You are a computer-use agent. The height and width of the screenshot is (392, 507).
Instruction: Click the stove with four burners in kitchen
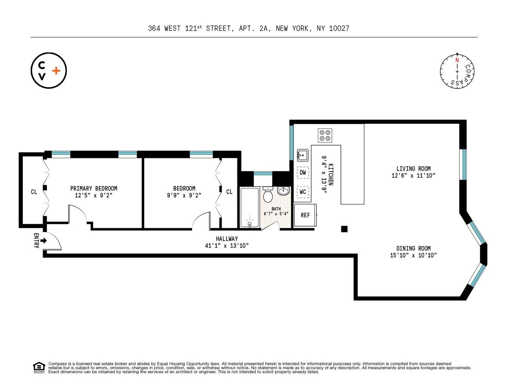tap(325, 135)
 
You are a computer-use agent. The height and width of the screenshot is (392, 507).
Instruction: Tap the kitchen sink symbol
tap(302, 155)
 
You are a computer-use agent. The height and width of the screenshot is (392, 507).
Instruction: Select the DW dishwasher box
tap(302, 172)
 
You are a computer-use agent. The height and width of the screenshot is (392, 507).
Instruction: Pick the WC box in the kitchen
tap(302, 192)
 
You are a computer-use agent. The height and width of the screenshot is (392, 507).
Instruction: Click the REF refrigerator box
tap(305, 215)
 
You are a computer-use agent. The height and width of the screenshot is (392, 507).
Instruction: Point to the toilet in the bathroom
tap(268, 195)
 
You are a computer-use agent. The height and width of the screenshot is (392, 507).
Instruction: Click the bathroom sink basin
tap(283, 191)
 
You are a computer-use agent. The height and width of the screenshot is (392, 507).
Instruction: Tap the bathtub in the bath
tap(249, 208)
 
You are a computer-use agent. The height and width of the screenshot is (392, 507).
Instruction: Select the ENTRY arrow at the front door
tap(43, 240)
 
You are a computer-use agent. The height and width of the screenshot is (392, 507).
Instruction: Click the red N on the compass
tap(457, 60)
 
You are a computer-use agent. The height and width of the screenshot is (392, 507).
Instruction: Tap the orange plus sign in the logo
tap(56, 71)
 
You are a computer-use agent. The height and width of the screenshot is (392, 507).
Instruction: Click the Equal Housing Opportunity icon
tap(39, 368)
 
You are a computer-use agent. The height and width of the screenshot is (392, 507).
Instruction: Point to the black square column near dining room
tap(344, 229)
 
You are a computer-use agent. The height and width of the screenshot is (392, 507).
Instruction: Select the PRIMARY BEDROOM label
tap(94, 189)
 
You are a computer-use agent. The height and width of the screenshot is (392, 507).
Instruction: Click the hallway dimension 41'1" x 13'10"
tap(226, 246)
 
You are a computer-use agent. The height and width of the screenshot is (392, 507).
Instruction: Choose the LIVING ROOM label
tap(413, 169)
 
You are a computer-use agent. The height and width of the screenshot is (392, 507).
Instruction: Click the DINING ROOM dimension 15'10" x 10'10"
tap(413, 255)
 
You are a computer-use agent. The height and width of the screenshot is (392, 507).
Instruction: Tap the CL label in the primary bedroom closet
tap(34, 192)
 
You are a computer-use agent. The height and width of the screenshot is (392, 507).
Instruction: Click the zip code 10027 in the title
tap(339, 28)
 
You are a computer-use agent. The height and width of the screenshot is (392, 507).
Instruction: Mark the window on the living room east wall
tap(463, 164)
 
